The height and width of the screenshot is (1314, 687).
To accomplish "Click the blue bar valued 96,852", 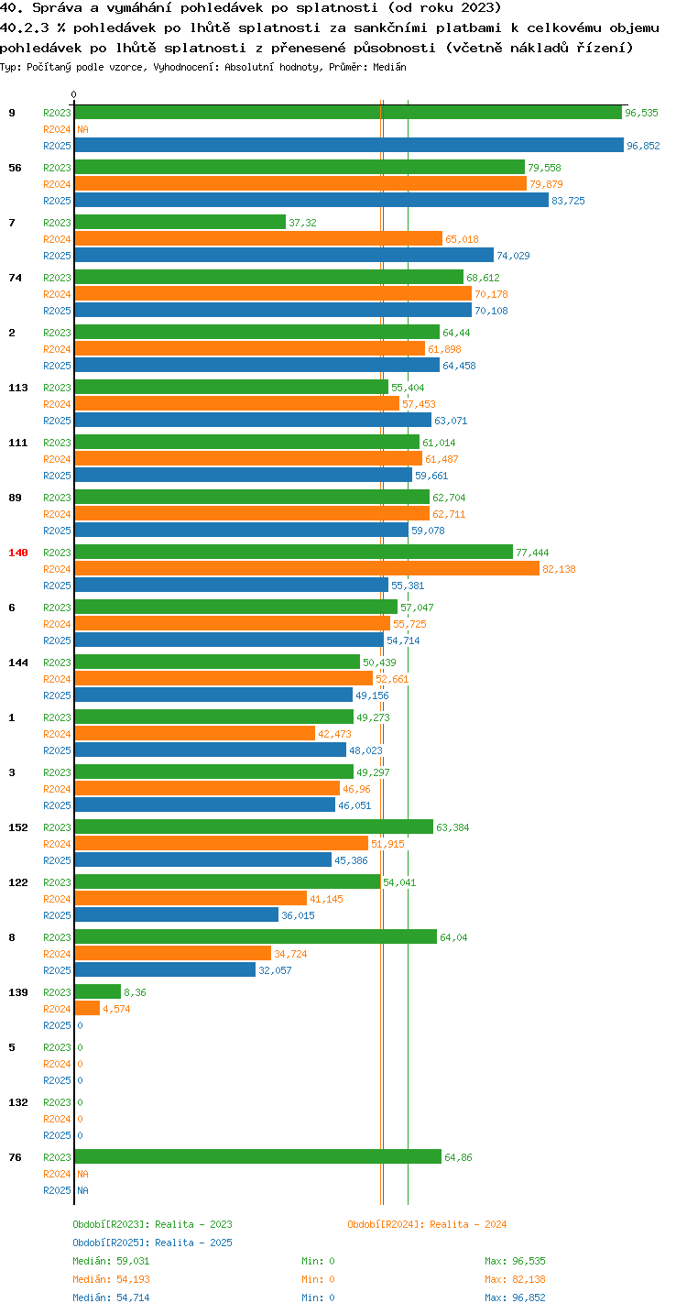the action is [x=349, y=145].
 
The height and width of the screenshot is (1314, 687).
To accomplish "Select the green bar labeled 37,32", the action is [x=180, y=222].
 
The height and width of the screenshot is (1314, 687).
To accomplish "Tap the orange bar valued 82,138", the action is [x=307, y=568].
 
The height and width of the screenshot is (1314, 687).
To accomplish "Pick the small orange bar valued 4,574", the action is [x=87, y=1008].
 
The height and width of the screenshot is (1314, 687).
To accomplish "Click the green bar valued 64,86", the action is [x=258, y=1156].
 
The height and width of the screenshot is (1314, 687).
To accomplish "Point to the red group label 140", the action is [x=18, y=553].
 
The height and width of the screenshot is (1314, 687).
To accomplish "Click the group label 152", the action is [x=18, y=827].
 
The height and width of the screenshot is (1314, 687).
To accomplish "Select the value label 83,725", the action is [x=568, y=201].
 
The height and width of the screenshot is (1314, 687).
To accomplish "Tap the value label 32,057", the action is [x=275, y=970].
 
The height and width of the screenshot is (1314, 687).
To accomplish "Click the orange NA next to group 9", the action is [x=82, y=129].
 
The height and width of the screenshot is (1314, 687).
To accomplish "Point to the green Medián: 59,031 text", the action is [x=111, y=1261].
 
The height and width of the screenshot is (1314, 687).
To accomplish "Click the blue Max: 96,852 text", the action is [x=515, y=1298].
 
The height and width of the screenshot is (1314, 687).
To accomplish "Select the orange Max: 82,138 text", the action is [x=515, y=1279].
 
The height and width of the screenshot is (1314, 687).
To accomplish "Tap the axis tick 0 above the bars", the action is [x=74, y=94].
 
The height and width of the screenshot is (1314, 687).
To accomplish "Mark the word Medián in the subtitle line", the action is [x=389, y=67].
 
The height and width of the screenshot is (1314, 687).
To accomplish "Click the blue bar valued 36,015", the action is [x=177, y=914].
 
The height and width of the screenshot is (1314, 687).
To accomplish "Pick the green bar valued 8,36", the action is [x=98, y=991].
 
